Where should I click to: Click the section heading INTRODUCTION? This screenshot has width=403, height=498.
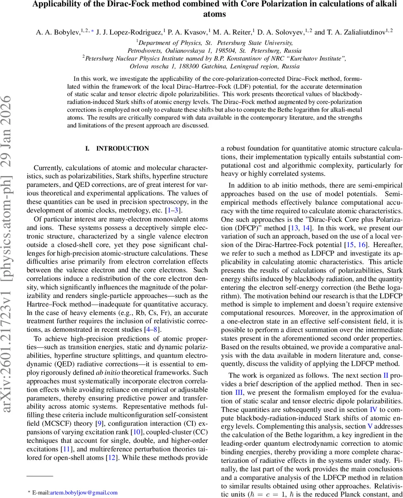122,149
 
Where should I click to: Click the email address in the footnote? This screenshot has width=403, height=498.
84,493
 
